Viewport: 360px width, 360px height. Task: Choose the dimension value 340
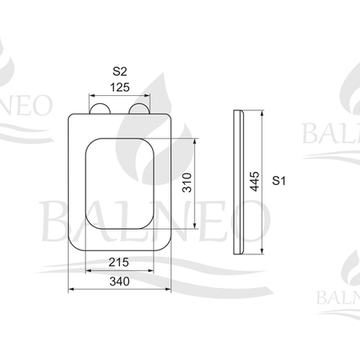[x=119, y=281]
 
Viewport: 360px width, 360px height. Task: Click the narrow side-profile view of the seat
[x=238, y=182]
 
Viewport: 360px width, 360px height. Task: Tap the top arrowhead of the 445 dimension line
[x=262, y=113]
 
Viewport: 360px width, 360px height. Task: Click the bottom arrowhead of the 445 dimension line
[x=262, y=253]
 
